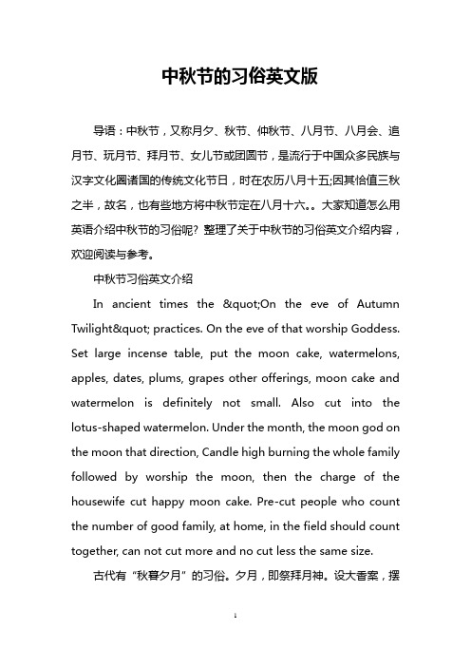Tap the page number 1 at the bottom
tap(235, 643)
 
